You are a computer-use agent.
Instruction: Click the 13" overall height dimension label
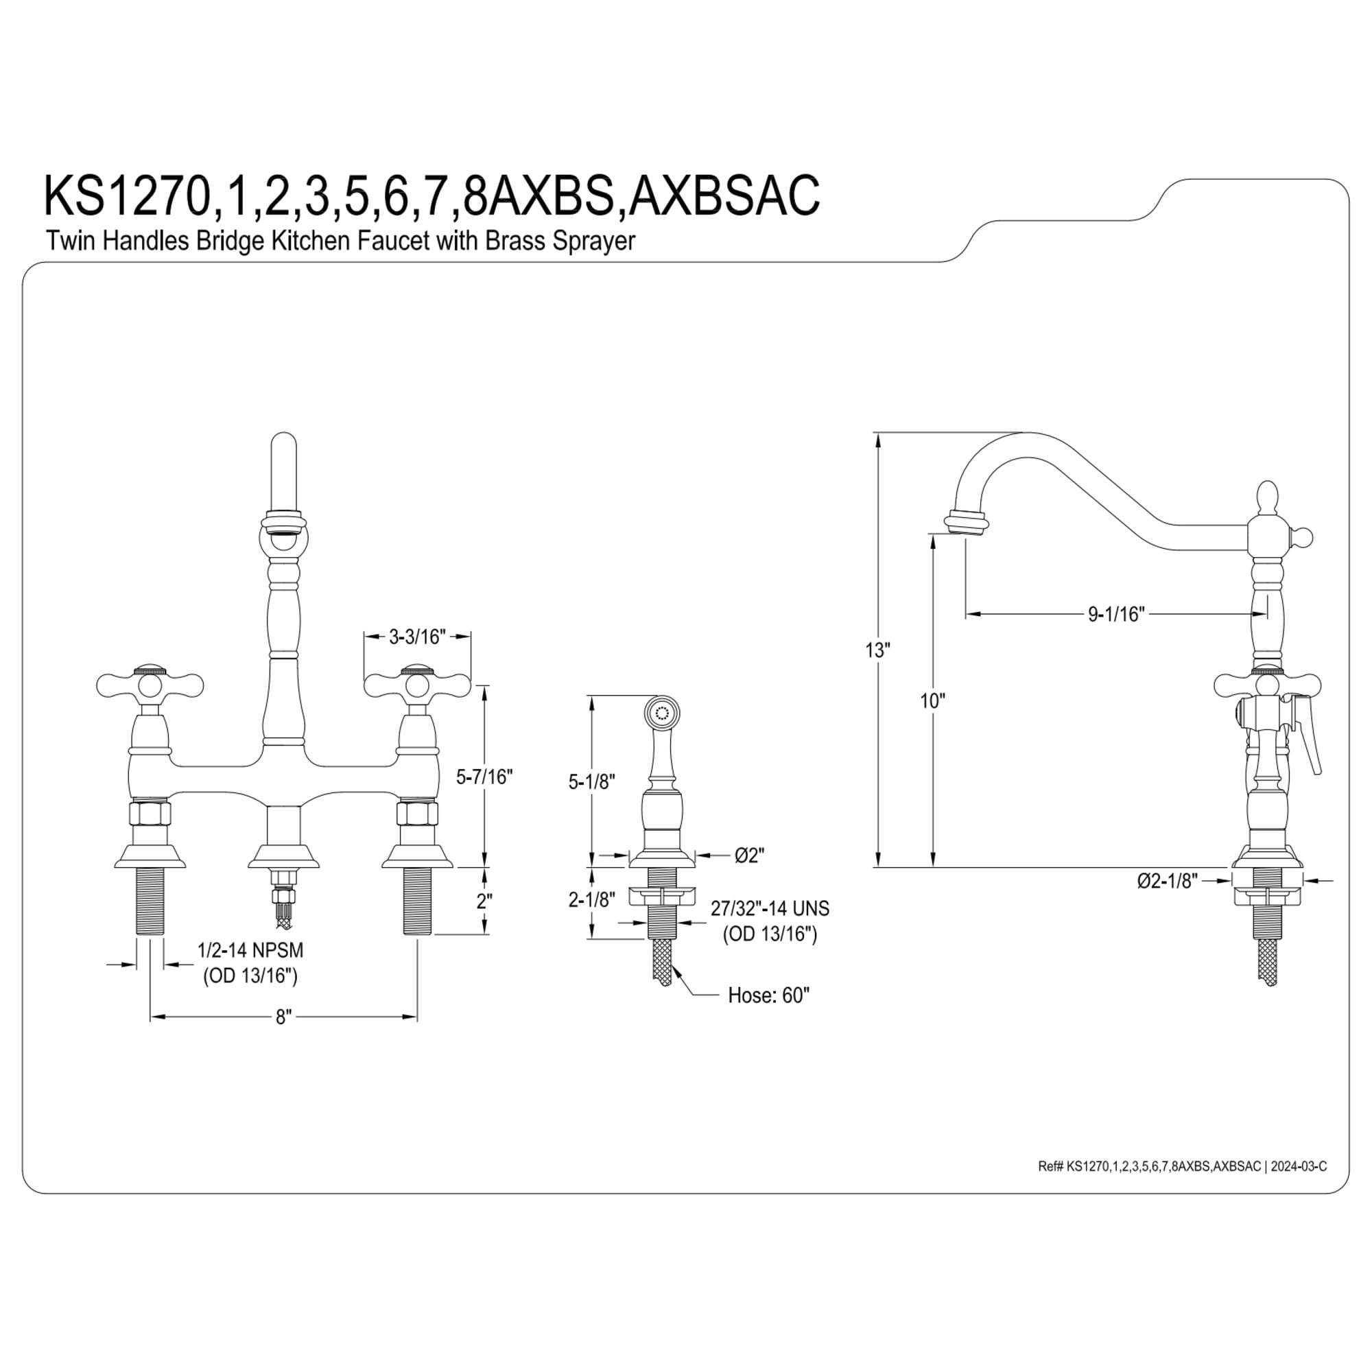click(878, 650)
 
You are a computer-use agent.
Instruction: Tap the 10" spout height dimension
click(932, 701)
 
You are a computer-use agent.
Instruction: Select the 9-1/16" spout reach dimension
click(1116, 614)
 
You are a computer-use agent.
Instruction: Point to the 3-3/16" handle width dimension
click(417, 637)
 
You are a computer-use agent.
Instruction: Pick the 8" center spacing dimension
click(283, 1017)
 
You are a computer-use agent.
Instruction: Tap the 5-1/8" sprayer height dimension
click(591, 782)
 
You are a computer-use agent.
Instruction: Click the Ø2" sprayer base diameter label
click(750, 855)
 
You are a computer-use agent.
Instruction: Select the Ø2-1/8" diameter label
click(1168, 881)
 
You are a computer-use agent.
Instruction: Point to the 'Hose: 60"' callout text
click(768, 995)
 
